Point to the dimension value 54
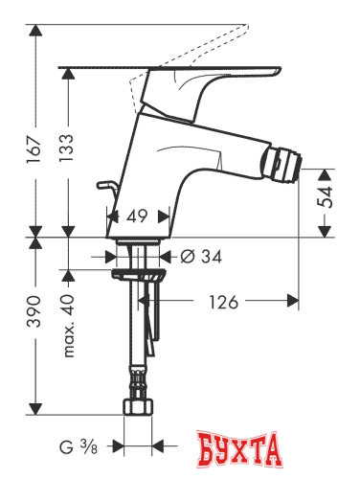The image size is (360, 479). coord(328,199)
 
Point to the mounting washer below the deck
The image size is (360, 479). coord(140,274)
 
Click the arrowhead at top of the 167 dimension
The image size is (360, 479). coord(37,30)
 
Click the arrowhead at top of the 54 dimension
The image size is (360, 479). coord(328,174)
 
